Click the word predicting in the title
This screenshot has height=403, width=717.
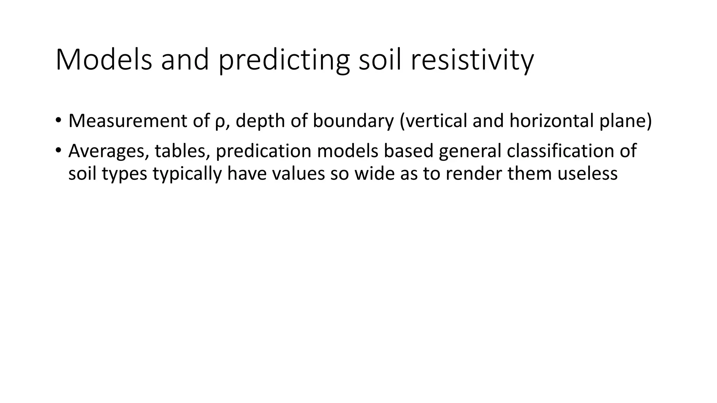284,60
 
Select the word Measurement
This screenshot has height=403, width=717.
128,121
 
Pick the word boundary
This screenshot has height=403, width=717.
353,121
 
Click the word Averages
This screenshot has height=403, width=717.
108,151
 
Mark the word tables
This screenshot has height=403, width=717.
182,151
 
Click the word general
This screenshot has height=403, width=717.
469,151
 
